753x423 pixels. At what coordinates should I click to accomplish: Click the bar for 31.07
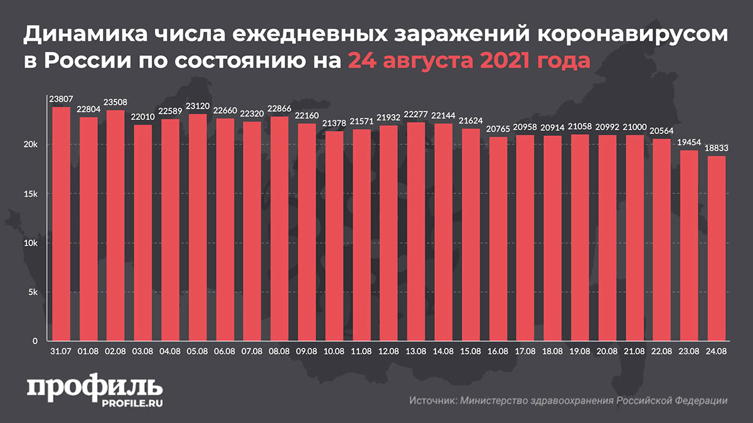click(61, 224)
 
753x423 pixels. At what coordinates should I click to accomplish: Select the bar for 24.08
click(716, 249)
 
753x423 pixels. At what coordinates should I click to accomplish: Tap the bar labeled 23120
click(197, 227)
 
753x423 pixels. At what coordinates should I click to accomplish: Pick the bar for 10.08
click(334, 236)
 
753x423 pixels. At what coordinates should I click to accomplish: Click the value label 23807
click(61, 99)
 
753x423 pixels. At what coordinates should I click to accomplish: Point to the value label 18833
click(716, 149)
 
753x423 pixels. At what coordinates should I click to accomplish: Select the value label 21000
click(634, 127)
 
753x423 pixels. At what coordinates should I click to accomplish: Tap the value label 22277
click(415, 114)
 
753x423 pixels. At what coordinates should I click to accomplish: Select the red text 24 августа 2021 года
click(469, 61)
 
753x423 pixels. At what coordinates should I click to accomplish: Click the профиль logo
click(94, 386)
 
